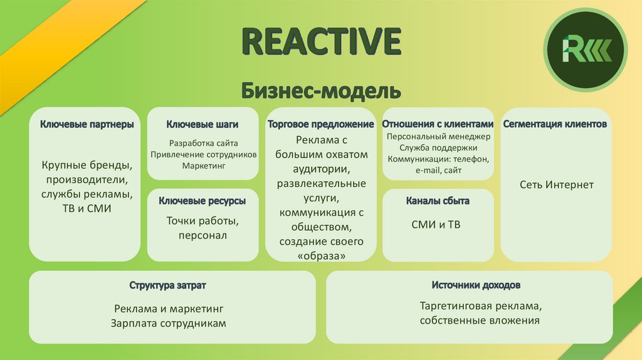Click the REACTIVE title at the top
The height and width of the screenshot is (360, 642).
pos(321,41)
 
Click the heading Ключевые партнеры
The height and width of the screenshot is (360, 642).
pos(87,125)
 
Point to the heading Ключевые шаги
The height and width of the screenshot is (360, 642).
pos(203,125)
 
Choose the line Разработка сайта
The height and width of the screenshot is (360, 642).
pos(203,143)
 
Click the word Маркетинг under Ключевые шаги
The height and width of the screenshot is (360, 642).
pos(203,166)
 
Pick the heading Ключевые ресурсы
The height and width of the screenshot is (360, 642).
pos(202,201)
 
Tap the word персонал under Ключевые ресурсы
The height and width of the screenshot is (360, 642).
pos(202,235)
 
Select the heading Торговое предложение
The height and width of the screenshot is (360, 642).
pos(320,124)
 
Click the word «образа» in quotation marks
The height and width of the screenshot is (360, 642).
pos(320,256)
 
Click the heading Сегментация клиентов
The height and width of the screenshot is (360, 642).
pos(555,124)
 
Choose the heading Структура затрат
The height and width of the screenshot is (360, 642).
pos(167,285)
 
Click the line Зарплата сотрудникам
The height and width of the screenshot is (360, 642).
pos(168,324)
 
